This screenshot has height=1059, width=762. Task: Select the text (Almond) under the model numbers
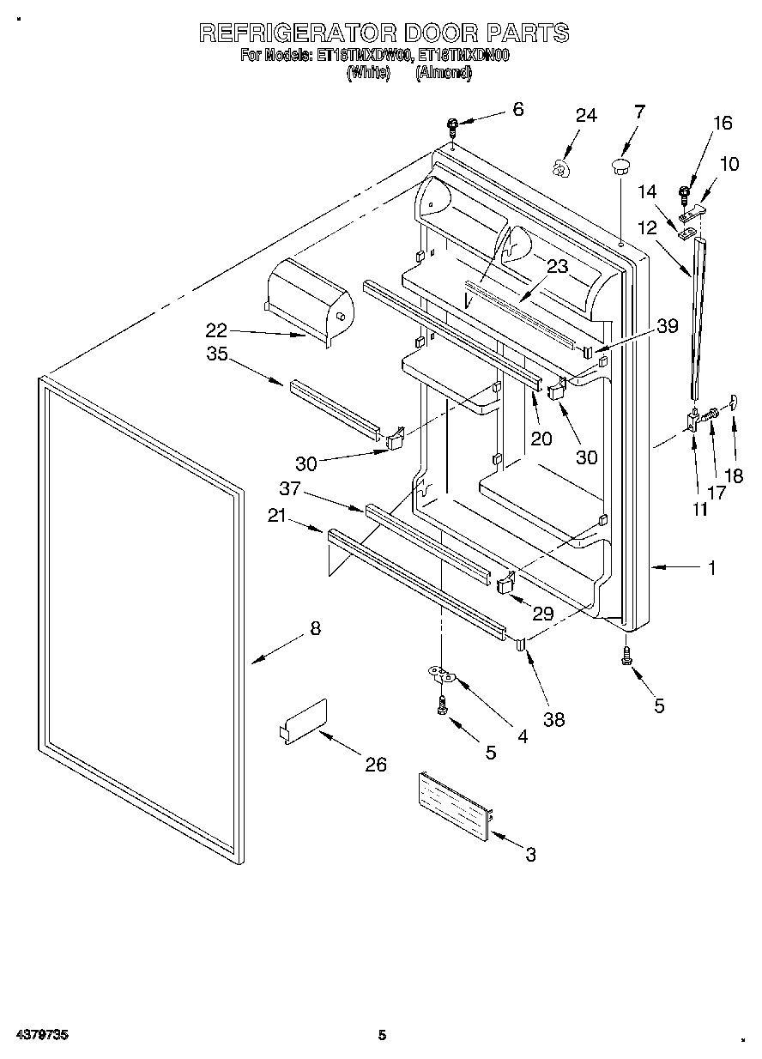point(443,74)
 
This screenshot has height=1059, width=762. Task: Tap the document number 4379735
point(41,1035)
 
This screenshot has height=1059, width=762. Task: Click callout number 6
point(517,109)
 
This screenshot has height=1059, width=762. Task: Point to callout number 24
point(585,116)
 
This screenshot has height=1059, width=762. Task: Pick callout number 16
point(723,124)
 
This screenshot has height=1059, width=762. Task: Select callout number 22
point(216,330)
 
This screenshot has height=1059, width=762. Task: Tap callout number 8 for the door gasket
point(315,628)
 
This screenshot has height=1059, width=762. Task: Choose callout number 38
point(554,719)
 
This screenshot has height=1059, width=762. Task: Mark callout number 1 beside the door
point(711,567)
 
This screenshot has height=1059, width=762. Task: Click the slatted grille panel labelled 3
point(455,805)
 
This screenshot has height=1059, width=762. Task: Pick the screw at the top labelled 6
point(451,128)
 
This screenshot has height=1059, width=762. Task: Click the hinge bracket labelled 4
point(443,675)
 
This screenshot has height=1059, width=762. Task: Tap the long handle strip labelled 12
point(699,318)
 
